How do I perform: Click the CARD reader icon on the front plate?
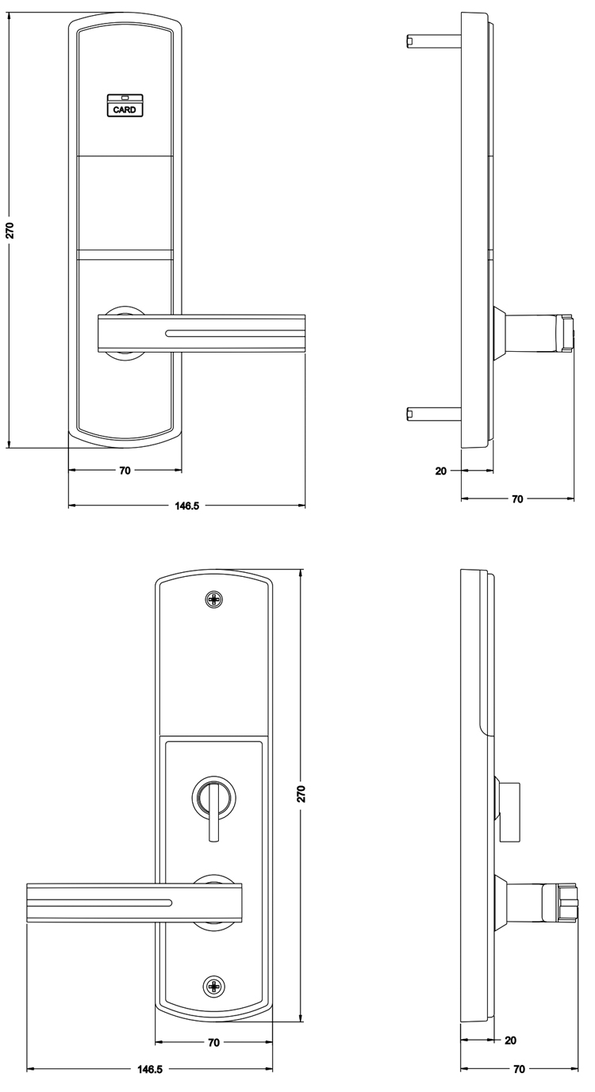[x=125, y=105]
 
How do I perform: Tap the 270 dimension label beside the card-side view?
[x=10, y=230]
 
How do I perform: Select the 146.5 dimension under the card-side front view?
[x=187, y=506]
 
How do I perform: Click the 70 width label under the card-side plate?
[x=125, y=471]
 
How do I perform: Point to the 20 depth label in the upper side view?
[x=441, y=471]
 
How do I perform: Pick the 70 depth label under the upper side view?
[x=517, y=498]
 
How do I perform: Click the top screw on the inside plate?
[x=213, y=598]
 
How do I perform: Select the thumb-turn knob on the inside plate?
[x=213, y=800]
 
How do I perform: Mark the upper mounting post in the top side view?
[x=433, y=41]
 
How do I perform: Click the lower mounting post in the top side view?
[x=433, y=414]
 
